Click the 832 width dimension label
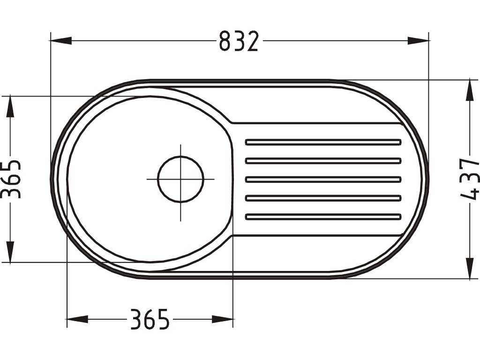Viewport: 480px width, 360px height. point(239,41)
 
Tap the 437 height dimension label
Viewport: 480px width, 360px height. point(469,179)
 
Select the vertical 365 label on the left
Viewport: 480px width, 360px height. point(11,179)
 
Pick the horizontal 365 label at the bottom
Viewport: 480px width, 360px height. point(150,319)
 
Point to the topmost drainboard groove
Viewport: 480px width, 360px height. point(323,142)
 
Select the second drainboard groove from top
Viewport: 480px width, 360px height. point(323,161)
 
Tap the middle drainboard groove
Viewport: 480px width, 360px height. point(323,180)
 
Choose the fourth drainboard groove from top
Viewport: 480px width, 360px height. point(323,198)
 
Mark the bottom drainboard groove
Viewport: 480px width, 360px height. point(323,217)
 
